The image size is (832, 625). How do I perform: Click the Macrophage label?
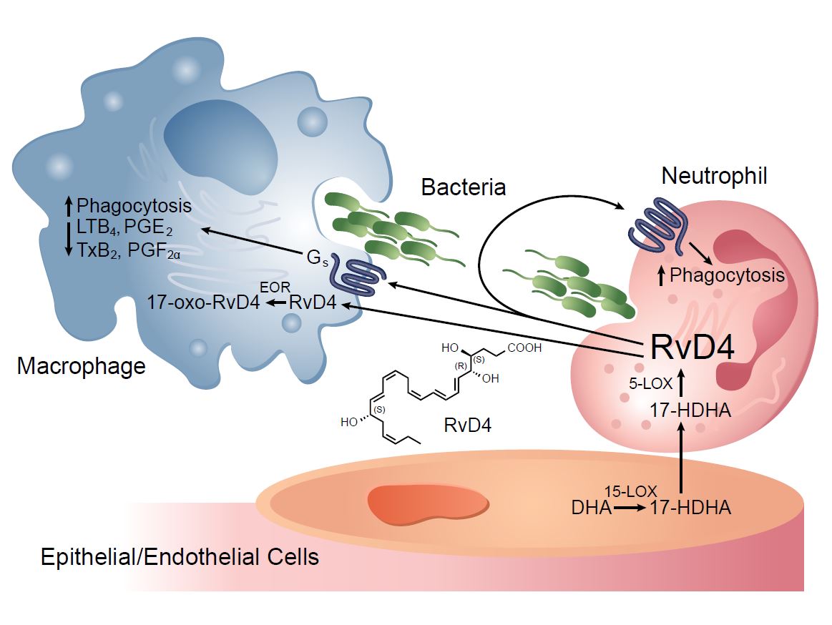pyautogui.click(x=82, y=367)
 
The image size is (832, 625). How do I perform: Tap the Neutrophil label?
pyautogui.click(x=715, y=176)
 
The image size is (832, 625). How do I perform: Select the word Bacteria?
pyautogui.click(x=464, y=187)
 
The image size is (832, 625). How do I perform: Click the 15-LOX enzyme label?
pyautogui.click(x=626, y=492)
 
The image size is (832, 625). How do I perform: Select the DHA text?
pyautogui.click(x=592, y=508)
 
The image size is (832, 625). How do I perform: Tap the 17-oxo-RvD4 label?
pyautogui.click(x=204, y=302)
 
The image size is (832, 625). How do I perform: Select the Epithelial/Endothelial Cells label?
pyautogui.click(x=180, y=557)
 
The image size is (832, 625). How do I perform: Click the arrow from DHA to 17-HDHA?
pyautogui.click(x=630, y=508)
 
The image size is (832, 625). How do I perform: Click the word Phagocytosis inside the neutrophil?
pyautogui.click(x=727, y=275)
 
